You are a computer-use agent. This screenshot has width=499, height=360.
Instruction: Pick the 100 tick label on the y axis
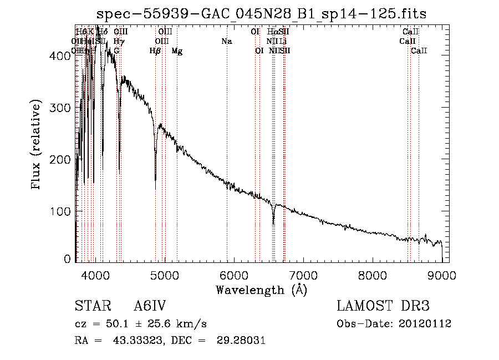pyautogui.click(x=61, y=211)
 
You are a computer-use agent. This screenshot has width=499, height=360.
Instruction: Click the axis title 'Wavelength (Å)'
pyautogui.click(x=261, y=290)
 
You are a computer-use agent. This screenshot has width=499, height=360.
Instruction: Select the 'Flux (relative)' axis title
pyautogui.click(x=37, y=145)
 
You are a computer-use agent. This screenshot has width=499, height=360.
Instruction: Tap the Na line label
pyautogui.click(x=226, y=42)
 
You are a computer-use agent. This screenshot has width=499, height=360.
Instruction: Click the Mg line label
pyautogui.click(x=177, y=51)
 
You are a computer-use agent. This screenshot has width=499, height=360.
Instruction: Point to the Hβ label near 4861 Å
pyautogui.click(x=155, y=51)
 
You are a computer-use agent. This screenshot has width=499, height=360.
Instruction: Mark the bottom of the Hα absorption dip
pyautogui.click(x=273, y=224)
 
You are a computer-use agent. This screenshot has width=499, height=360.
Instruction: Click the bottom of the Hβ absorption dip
pyautogui.click(x=155, y=180)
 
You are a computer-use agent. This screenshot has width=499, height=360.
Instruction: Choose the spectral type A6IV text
pyautogui.click(x=150, y=306)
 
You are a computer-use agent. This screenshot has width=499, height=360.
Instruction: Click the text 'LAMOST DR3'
pyautogui.click(x=383, y=306)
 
